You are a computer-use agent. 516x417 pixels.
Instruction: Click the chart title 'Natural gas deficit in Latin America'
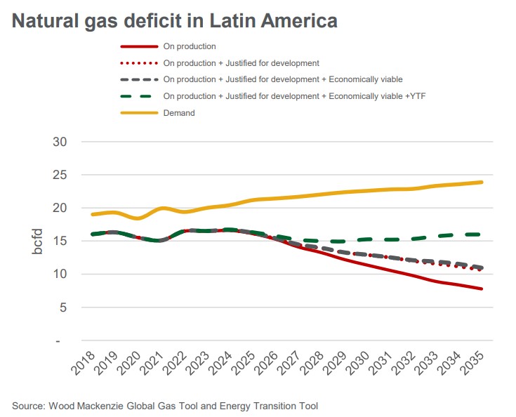175,21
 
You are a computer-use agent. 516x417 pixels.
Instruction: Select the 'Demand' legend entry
178,112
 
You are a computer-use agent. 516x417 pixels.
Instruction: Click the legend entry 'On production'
189,46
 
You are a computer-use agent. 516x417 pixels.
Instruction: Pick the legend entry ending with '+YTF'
294,96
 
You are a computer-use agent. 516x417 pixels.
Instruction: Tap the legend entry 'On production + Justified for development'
241,63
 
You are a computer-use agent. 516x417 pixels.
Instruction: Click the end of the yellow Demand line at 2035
482,182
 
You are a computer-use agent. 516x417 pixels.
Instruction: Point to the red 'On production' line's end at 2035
482,289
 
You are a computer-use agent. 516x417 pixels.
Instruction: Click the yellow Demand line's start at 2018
92,214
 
